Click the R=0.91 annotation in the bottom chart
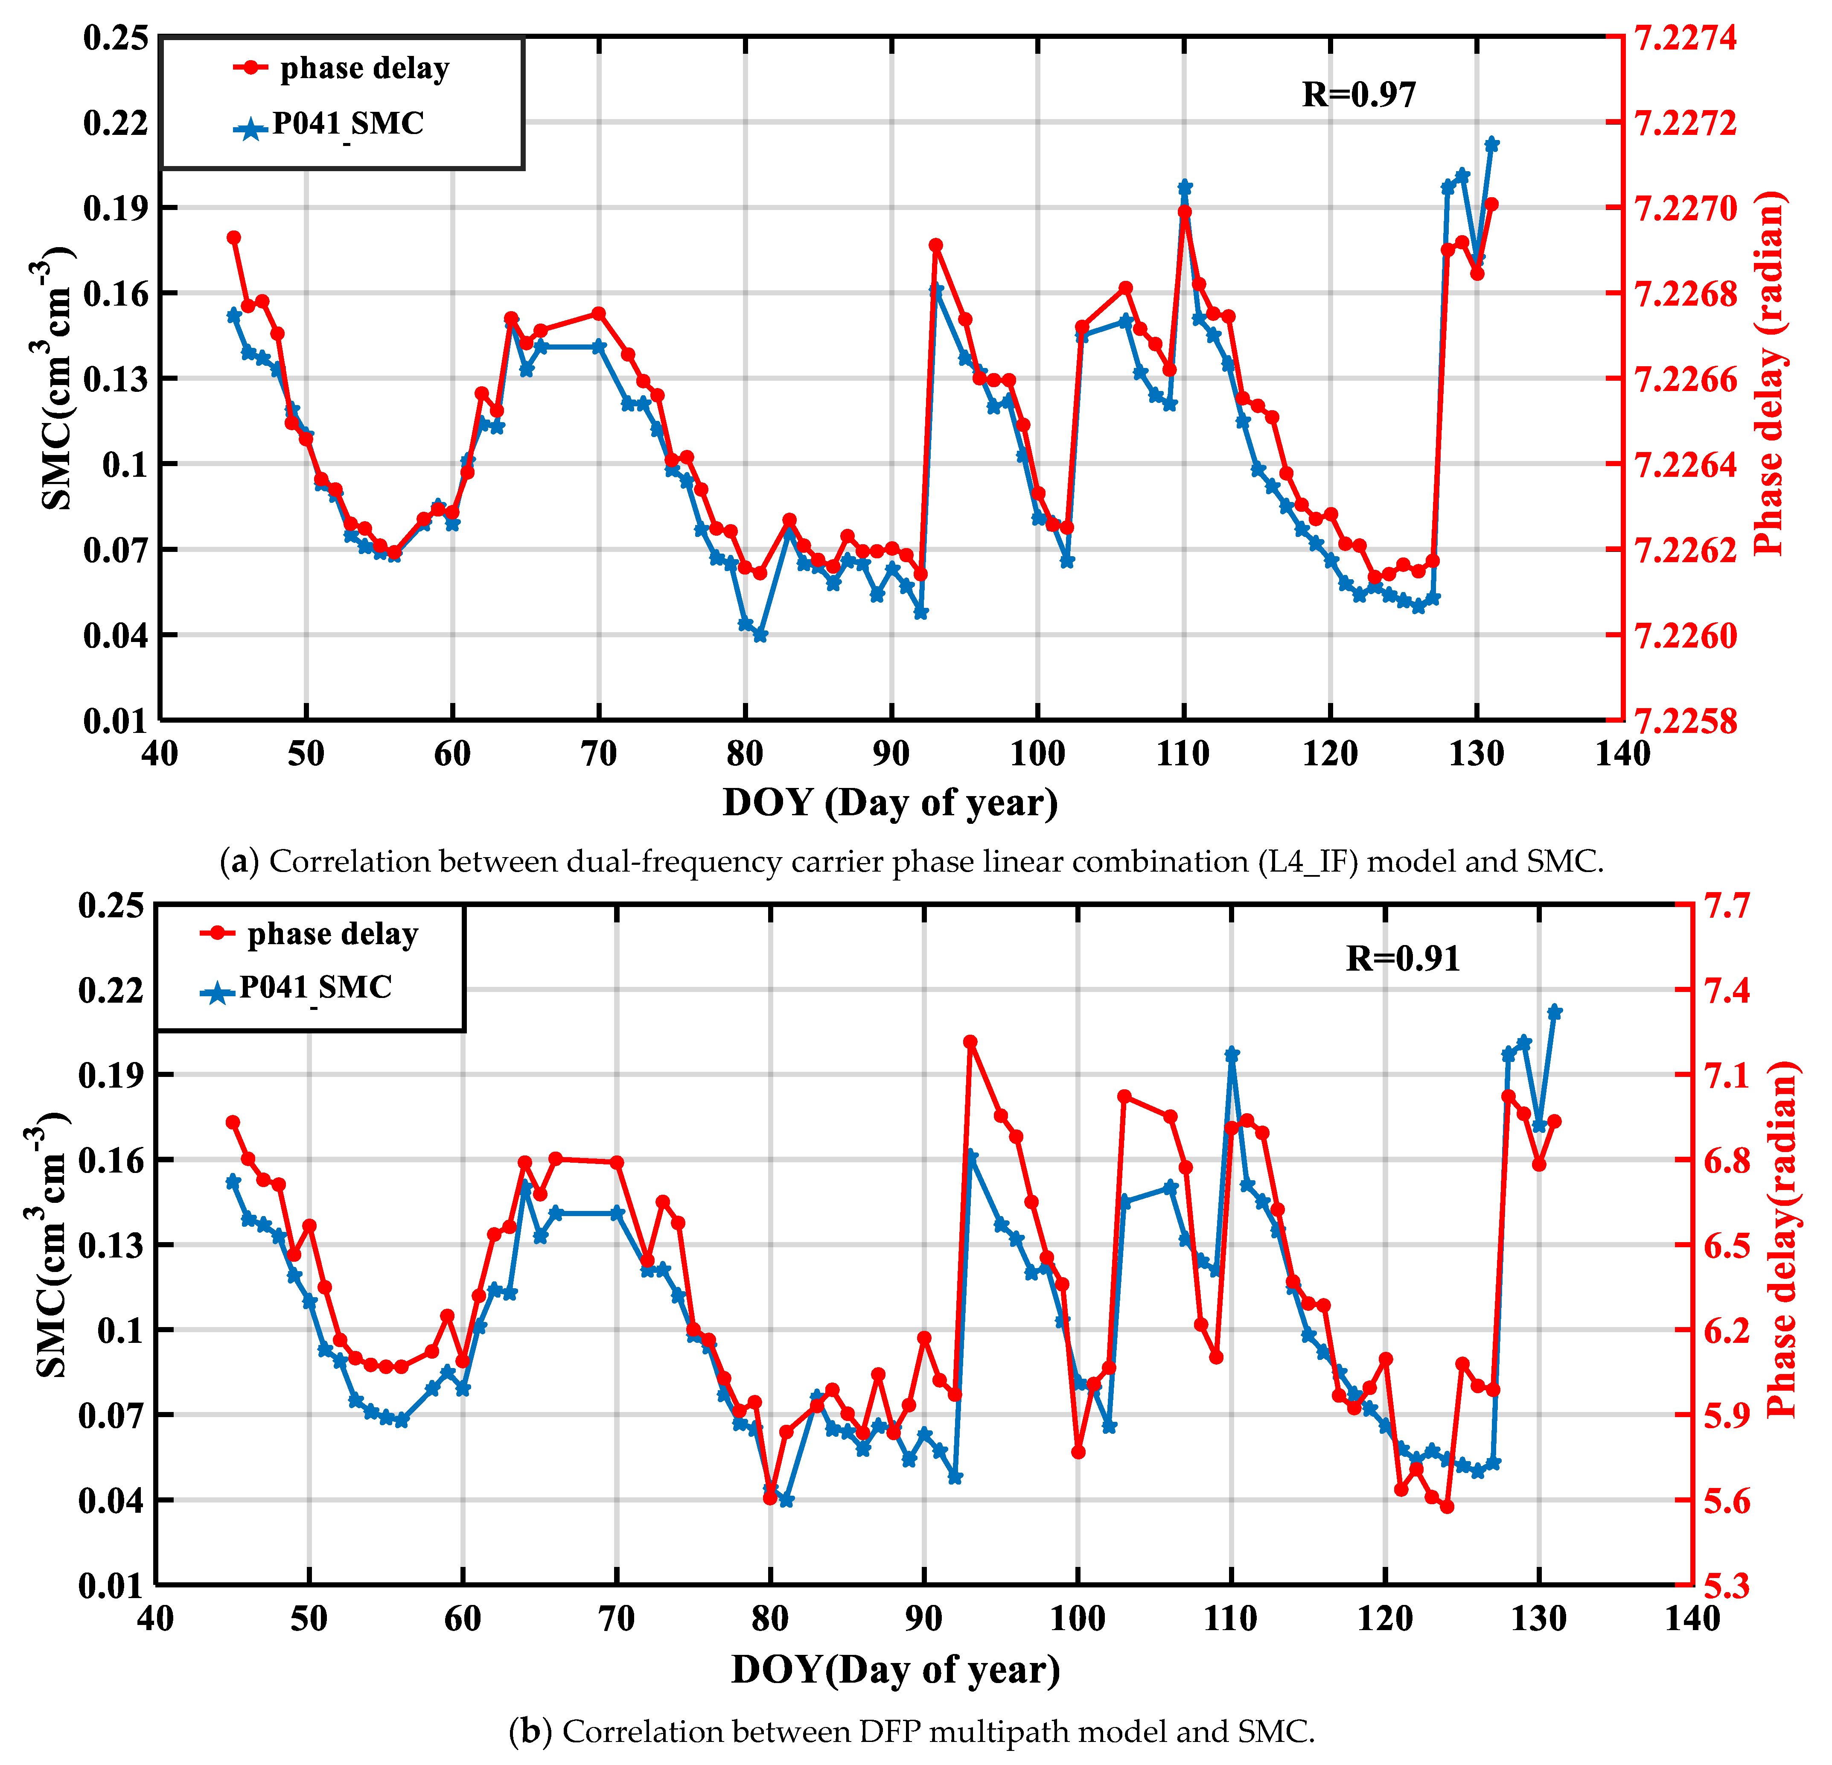click(x=1402, y=958)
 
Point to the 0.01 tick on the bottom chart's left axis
click(x=110, y=1587)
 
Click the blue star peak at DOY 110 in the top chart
click(x=1184, y=187)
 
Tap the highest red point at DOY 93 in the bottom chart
click(x=970, y=1041)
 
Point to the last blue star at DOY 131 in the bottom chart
click(x=1554, y=1012)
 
